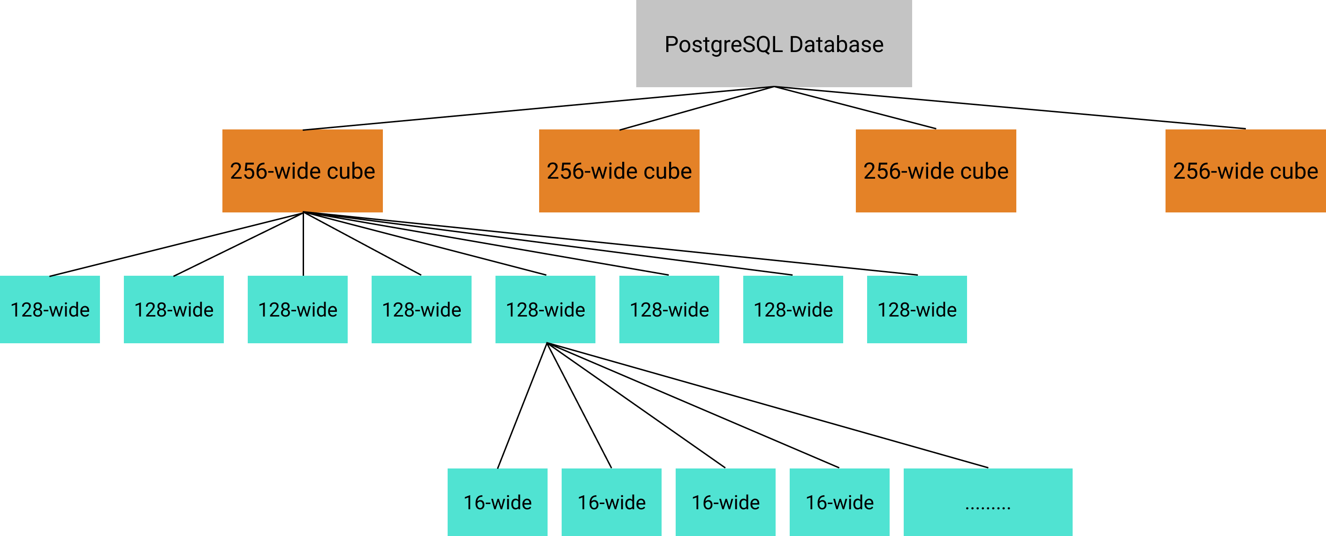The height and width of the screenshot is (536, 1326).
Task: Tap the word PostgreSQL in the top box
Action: point(723,45)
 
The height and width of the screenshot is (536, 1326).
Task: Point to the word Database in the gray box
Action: point(836,45)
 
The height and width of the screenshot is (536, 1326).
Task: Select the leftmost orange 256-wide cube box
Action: point(302,171)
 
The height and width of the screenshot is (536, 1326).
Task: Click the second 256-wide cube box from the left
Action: point(619,171)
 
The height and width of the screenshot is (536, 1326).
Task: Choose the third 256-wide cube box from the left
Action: point(935,171)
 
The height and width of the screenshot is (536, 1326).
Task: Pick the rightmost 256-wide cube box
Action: point(1245,171)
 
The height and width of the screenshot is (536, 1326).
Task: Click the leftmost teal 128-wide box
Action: point(49,310)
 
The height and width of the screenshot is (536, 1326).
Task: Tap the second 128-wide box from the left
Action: point(174,310)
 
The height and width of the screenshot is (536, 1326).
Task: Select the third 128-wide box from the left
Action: point(297,310)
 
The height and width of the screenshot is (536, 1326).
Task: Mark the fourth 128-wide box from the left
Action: point(421,310)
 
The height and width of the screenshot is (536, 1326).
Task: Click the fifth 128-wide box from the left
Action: point(545,310)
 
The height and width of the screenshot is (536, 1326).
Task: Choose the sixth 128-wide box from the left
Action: point(669,310)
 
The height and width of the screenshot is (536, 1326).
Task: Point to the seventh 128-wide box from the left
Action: point(793,310)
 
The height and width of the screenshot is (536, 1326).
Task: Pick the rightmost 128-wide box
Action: point(917,310)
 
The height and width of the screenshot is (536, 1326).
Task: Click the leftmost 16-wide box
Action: point(497,502)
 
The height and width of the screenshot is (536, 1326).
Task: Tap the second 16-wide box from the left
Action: point(611,502)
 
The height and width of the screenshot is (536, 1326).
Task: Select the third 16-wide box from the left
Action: point(725,502)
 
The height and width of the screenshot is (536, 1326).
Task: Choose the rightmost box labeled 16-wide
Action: point(839,502)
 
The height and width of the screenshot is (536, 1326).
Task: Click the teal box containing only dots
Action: point(988,502)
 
